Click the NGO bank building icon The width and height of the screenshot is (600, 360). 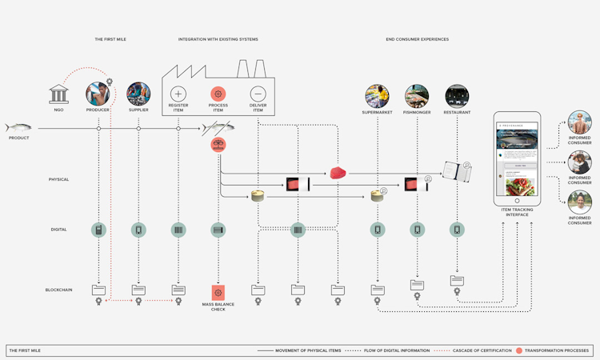[58, 94]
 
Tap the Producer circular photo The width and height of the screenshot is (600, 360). [98, 94]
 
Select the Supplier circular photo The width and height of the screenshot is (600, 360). [138, 94]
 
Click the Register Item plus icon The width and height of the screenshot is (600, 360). [178, 94]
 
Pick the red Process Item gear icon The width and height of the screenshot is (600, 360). [218, 94]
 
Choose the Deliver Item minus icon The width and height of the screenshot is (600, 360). [258, 94]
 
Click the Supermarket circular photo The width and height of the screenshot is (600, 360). [377, 96]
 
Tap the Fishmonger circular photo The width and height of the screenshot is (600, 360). [417, 96]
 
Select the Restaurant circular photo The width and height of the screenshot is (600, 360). [457, 96]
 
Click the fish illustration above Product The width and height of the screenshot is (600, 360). [18, 128]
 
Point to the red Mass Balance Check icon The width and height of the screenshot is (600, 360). [218, 293]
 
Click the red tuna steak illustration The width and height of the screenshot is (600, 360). [338, 173]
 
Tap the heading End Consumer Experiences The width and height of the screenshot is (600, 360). [417, 39]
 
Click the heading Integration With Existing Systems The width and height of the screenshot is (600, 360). [218, 39]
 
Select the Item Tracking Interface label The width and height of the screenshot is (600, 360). [517, 212]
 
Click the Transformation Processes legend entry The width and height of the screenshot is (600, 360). [555, 350]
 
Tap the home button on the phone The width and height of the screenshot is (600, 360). [517, 200]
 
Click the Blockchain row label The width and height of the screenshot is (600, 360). [58, 290]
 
